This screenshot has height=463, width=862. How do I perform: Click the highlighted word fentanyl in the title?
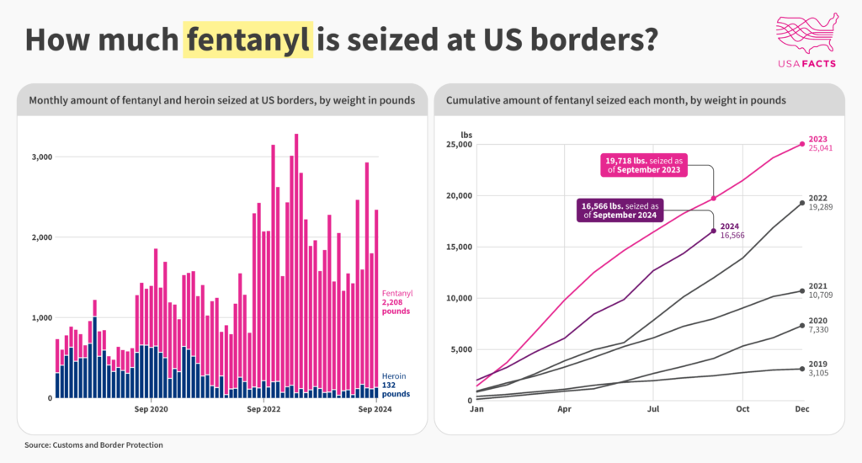point(248,40)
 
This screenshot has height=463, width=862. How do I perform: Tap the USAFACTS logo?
point(807,41)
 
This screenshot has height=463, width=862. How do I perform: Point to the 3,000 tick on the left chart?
point(42,157)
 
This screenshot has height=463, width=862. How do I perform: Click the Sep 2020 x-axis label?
point(152,409)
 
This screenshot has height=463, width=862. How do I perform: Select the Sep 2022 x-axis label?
point(263,409)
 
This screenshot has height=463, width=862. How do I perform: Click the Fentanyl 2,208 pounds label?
point(397,302)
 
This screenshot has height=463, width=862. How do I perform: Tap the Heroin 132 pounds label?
point(396,385)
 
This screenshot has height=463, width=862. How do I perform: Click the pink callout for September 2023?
point(644,165)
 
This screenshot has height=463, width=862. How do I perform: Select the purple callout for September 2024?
point(620,210)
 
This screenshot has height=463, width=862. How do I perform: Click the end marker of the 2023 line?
point(802,144)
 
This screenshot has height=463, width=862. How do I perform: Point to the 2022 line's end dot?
point(802,204)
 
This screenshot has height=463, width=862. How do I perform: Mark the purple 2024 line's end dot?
point(714,231)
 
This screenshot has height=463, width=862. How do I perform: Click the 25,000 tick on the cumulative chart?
point(459,145)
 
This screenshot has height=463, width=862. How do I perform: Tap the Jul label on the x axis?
point(653,409)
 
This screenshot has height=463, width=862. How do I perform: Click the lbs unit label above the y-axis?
point(466,135)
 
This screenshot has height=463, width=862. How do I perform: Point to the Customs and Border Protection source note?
point(93,444)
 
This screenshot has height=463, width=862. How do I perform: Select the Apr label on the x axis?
point(564,409)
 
